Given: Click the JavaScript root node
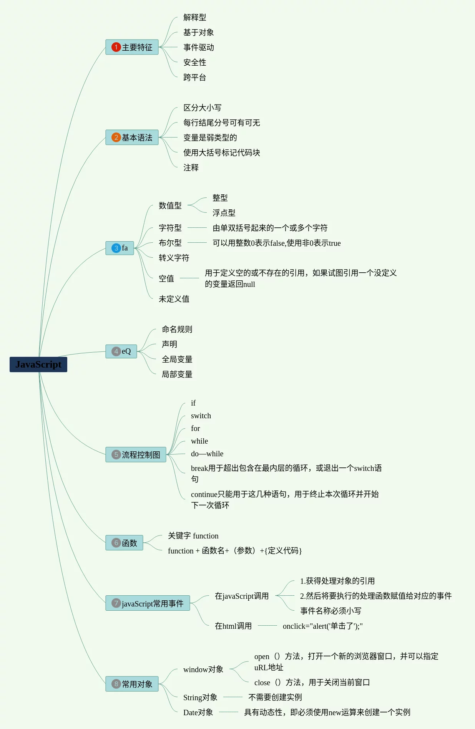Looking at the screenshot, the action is [38, 364].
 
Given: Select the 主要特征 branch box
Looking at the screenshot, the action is [132, 47].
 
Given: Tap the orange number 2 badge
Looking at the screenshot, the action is [116, 138].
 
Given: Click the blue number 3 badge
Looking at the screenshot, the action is [116, 248].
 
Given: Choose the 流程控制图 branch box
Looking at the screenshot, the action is [136, 455].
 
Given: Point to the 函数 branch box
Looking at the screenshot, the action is [124, 543].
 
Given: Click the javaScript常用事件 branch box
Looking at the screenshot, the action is [148, 603].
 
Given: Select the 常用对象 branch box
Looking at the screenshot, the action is [132, 684].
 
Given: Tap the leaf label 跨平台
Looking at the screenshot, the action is [194, 78].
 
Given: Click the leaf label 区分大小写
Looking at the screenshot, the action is [202, 108].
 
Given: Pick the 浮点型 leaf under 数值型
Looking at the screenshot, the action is [224, 213].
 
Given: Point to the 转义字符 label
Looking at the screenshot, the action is [174, 258].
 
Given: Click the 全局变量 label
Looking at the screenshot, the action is [177, 359].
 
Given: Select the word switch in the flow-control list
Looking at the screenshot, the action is [201, 416].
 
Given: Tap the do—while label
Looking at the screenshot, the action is [207, 454].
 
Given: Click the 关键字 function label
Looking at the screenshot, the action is [193, 536].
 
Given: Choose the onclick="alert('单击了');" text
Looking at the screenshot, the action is [322, 626].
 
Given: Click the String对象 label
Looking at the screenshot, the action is [200, 698].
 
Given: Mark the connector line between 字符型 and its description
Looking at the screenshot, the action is [197, 228].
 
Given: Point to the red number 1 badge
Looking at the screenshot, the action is [116, 47].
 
